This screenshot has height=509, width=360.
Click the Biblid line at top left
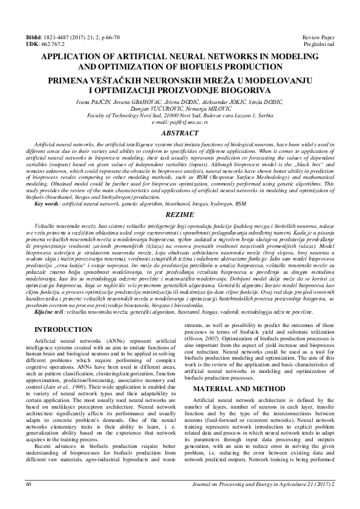(x=72, y=37)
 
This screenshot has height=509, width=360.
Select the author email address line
(x=180, y=122)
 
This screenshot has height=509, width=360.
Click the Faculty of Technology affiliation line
(x=180, y=115)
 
